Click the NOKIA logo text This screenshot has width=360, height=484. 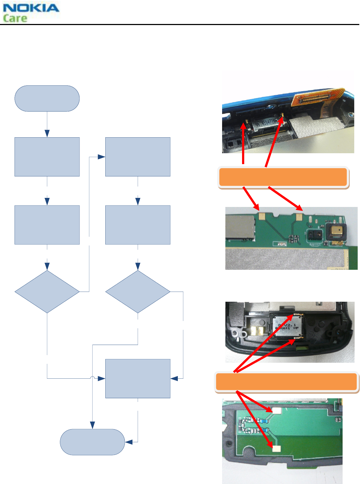coord(31,8)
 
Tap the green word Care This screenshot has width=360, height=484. coord(15,18)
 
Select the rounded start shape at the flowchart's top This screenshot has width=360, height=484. coord(47,98)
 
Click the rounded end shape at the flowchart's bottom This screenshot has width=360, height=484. coord(92,442)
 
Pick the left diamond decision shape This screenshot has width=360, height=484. coord(47,292)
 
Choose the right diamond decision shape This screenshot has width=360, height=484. coord(138,292)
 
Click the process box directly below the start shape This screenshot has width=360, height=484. coord(47,157)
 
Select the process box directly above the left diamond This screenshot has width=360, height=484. coord(47,225)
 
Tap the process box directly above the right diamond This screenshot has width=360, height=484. coord(138,225)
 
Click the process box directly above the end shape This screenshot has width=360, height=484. coord(138,378)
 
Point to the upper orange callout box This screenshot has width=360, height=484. coord(283,177)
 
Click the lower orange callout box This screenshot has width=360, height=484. coord(286,382)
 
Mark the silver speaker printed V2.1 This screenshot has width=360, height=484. coord(287,326)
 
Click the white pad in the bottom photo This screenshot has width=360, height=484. coord(277,411)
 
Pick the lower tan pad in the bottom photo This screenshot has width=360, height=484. coord(277,448)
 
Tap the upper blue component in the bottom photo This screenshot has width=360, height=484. coord(265,421)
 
